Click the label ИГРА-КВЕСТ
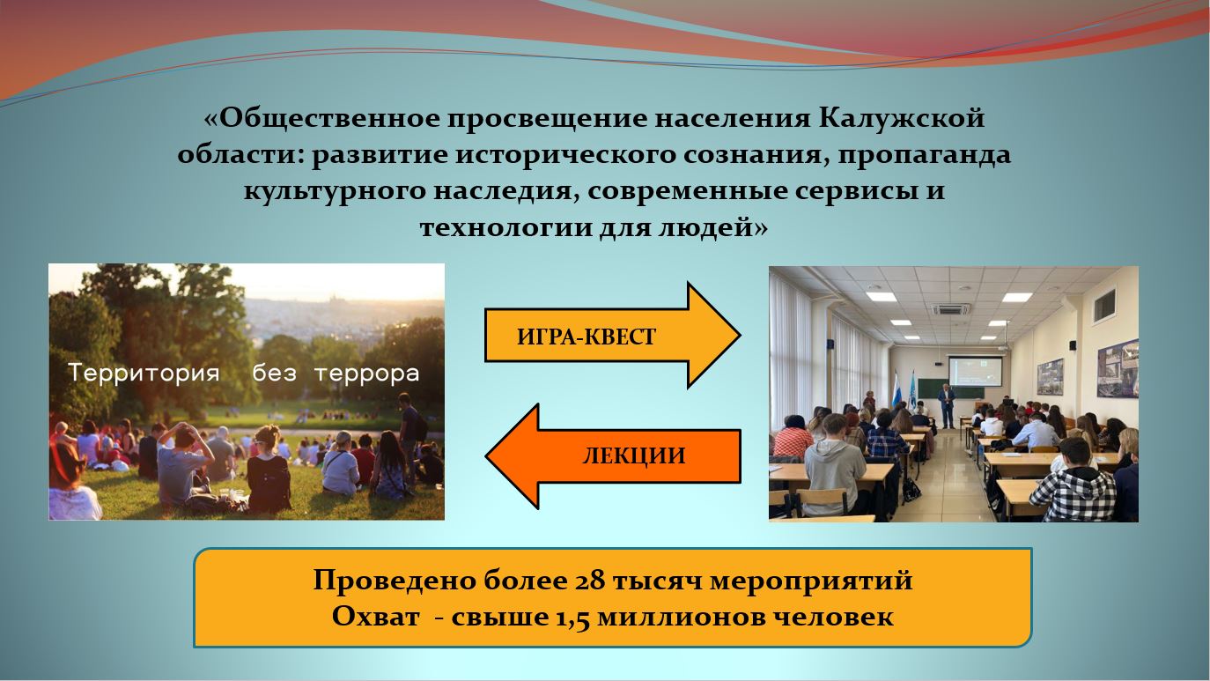coord(587,337)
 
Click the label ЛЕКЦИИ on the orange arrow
coord(634,456)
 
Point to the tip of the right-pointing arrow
coord(740,335)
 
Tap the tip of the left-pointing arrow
coord(487,456)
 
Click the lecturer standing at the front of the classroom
coord(946,406)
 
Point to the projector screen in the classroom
coord(975,371)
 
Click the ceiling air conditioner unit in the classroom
coord(952,310)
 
